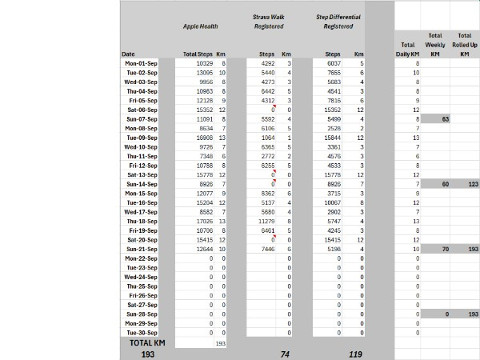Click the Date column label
click(x=128, y=54)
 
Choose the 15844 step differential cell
click(x=331, y=138)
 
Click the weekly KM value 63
click(x=436, y=118)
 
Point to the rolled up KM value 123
click(x=464, y=184)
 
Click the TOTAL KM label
click(x=146, y=342)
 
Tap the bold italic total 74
click(x=283, y=353)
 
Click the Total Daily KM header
click(x=408, y=49)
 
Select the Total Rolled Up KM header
click(x=463, y=44)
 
